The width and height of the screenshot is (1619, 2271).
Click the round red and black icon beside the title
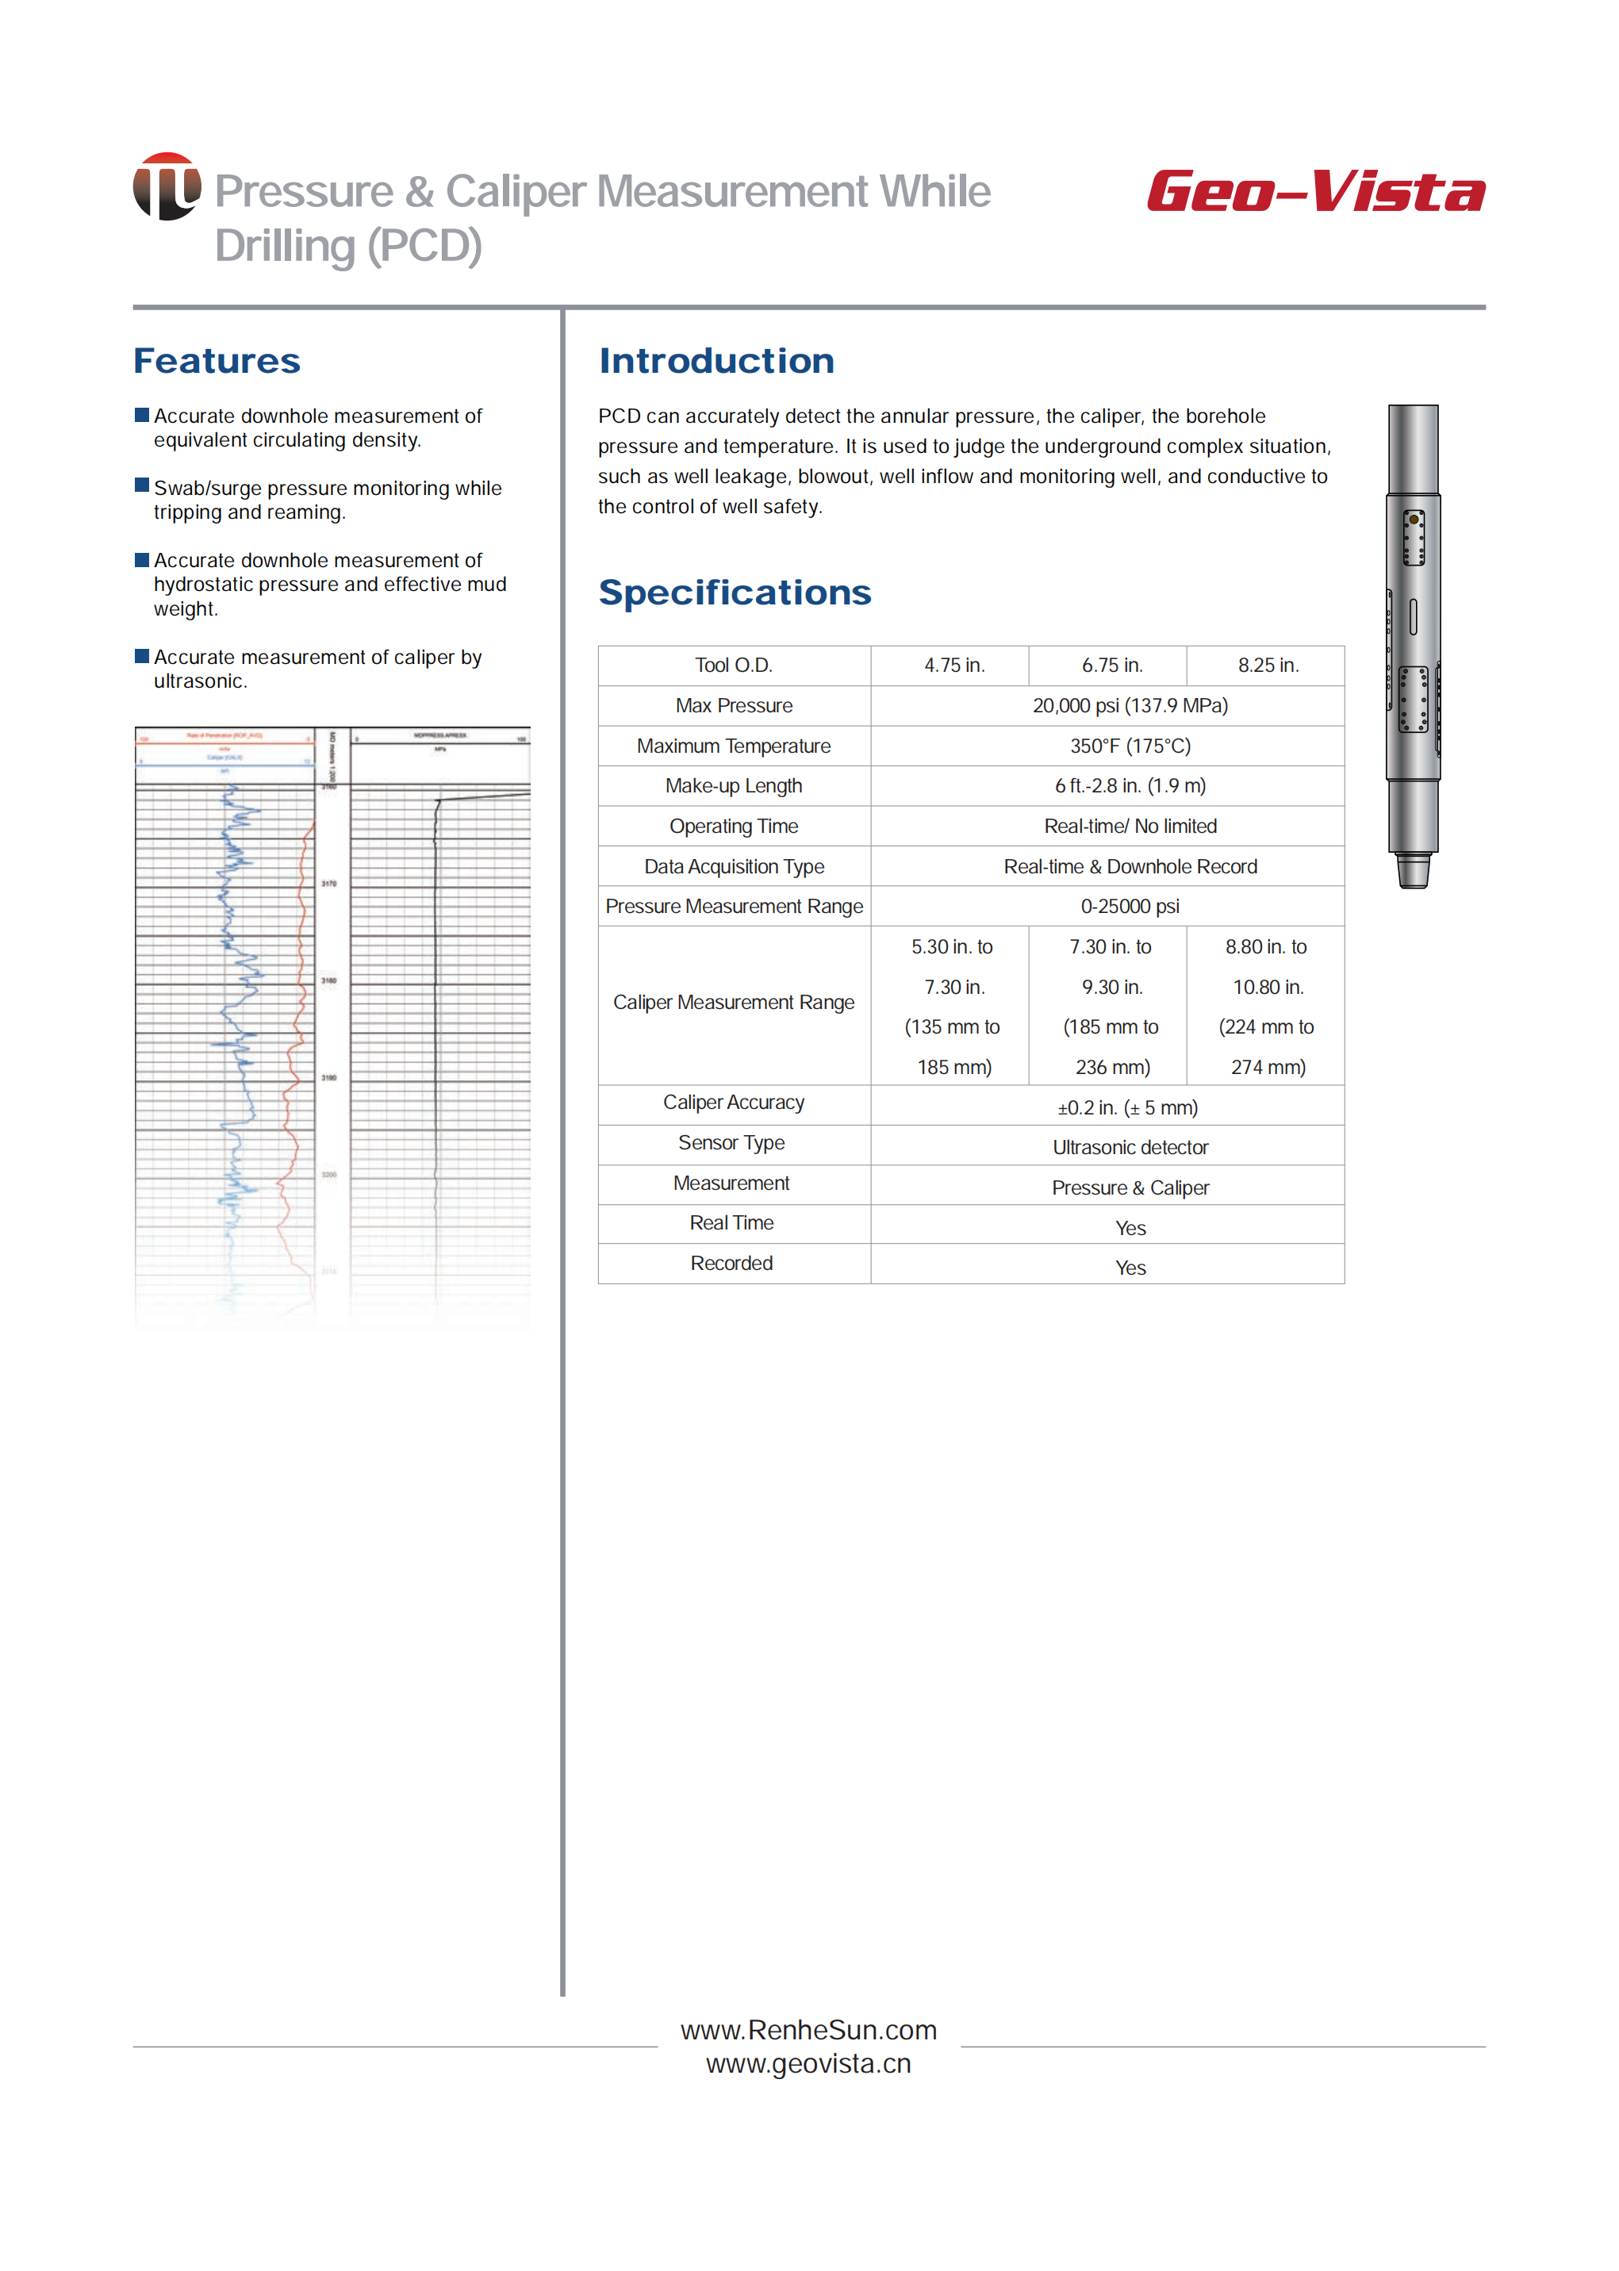[167, 186]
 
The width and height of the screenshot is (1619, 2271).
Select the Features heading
[217, 361]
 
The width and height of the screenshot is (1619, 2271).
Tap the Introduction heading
[716, 361]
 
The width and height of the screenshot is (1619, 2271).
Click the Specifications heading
[735, 593]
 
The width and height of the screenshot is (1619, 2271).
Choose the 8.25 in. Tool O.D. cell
[1267, 665]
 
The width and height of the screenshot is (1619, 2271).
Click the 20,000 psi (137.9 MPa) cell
[1130, 706]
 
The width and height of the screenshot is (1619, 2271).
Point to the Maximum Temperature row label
[734, 746]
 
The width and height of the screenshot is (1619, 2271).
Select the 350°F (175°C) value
[1130, 746]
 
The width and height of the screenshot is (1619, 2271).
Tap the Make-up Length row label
[734, 785]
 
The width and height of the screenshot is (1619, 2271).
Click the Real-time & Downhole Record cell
[1130, 866]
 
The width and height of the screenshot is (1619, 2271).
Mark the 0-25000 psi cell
[1130, 906]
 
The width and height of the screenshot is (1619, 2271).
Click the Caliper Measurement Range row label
[734, 1002]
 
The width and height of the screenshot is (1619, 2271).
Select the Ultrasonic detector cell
[1130, 1148]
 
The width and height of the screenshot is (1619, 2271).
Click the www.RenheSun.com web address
[808, 2030]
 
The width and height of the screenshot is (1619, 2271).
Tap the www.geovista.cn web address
[808, 2064]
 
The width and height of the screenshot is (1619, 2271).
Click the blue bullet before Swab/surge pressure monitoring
[141, 485]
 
